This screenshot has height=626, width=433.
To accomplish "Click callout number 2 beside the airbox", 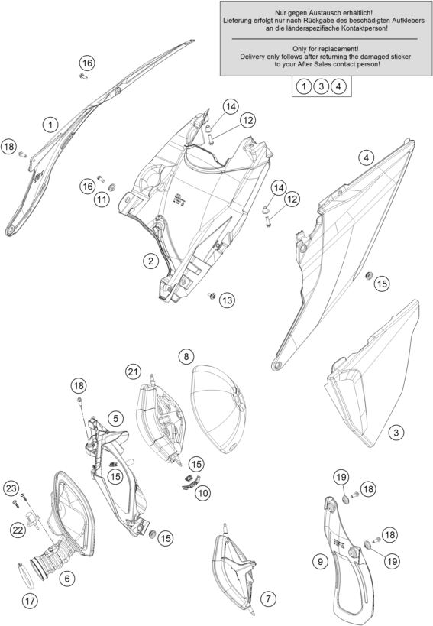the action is [150, 261].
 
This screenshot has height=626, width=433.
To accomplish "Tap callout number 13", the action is [227, 300].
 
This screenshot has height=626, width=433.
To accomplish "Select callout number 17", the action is [31, 601].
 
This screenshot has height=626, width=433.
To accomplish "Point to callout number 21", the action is [133, 372].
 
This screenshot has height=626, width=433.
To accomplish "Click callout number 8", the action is [186, 356].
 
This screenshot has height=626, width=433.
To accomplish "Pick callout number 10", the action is [203, 493].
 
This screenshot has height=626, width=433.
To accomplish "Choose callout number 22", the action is [18, 530].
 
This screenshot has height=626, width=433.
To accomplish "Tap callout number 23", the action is [11, 488].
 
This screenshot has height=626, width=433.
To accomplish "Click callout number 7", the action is [268, 598].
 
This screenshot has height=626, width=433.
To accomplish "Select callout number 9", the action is [320, 562].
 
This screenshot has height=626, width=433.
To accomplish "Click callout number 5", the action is [115, 418].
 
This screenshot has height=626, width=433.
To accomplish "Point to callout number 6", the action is [67, 578].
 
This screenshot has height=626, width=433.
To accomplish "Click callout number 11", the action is [102, 199].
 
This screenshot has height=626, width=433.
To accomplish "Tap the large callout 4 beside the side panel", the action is [366, 157].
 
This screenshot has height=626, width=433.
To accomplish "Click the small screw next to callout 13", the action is [212, 296].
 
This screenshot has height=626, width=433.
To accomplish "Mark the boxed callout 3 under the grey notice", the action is [321, 86].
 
